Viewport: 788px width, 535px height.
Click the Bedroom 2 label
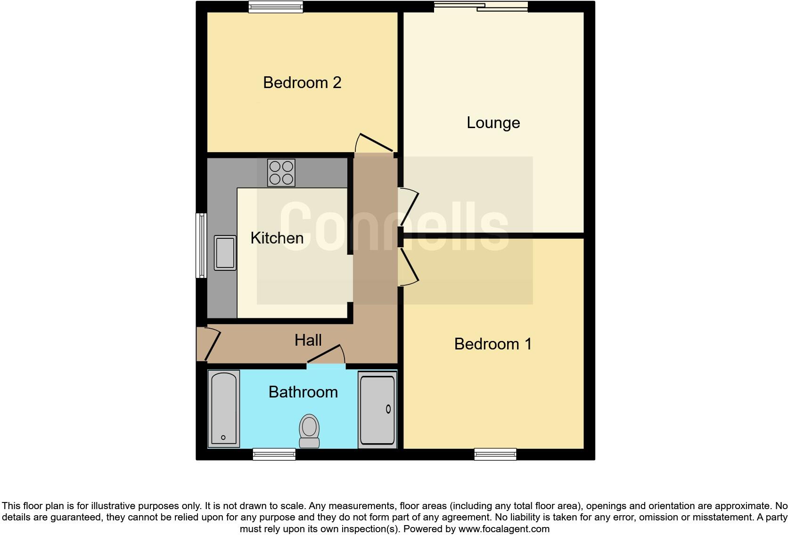(x=302, y=83)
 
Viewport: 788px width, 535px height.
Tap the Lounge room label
(x=493, y=123)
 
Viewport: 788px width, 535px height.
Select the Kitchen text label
(x=277, y=238)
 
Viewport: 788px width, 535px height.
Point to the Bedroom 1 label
(x=492, y=344)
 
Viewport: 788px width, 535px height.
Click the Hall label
(x=308, y=340)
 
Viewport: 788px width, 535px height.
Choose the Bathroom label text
(x=303, y=392)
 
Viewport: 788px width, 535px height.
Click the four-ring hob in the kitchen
(x=281, y=173)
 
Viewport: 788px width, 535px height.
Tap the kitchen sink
(x=225, y=253)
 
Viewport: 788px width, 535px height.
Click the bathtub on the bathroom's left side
(x=224, y=408)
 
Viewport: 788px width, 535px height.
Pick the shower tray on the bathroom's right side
(x=378, y=409)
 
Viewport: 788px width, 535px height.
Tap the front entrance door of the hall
(x=209, y=344)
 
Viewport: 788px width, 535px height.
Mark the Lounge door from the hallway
(x=409, y=207)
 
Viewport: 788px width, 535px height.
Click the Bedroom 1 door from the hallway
(x=409, y=267)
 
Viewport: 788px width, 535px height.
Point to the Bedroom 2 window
(x=276, y=7)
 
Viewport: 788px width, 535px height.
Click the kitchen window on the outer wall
(x=201, y=245)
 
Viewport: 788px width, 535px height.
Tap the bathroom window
(x=274, y=454)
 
